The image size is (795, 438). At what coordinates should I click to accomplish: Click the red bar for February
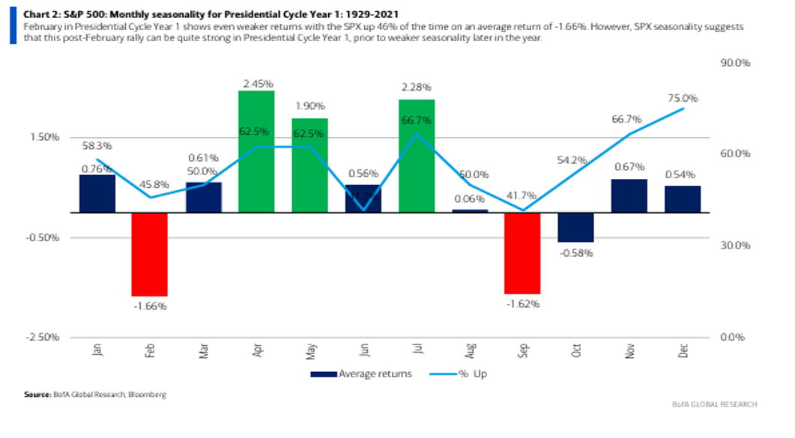[149, 254]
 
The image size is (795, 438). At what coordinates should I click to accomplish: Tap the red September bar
[522, 253]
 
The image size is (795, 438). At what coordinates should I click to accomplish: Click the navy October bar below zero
[575, 227]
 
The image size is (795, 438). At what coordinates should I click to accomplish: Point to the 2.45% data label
[256, 83]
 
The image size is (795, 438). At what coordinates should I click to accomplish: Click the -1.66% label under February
[149, 305]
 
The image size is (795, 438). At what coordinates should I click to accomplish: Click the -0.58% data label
[575, 252]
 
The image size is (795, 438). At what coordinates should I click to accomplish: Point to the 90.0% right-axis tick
[734, 64]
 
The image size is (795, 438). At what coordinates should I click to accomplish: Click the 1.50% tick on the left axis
[45, 137]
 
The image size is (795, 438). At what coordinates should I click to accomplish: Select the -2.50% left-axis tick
[43, 337]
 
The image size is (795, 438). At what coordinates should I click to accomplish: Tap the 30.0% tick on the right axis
[734, 246]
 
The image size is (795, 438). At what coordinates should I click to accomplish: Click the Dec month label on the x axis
[683, 350]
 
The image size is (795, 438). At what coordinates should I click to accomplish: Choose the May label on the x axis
[309, 350]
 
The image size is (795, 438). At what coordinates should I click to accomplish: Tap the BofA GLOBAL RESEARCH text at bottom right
[715, 404]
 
